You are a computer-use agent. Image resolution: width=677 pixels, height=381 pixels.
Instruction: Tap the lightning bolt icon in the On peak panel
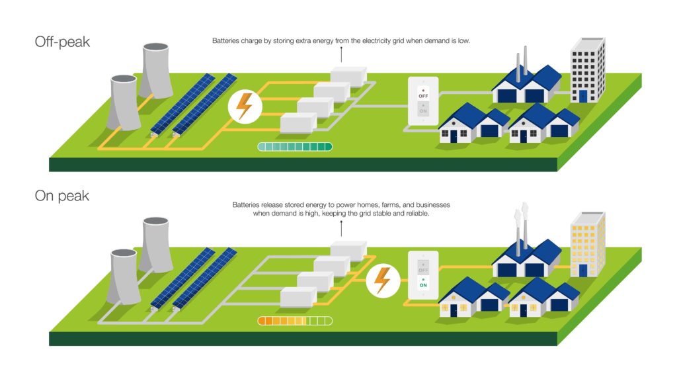tap(382, 280)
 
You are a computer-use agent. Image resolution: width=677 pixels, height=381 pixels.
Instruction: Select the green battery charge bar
tap(295, 147)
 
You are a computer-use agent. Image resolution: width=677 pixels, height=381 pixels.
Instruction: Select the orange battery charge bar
tap(295, 321)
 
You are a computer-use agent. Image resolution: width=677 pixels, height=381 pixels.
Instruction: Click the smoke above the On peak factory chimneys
tap(520, 216)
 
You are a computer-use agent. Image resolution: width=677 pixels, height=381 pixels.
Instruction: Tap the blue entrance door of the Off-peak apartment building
tap(582, 97)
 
